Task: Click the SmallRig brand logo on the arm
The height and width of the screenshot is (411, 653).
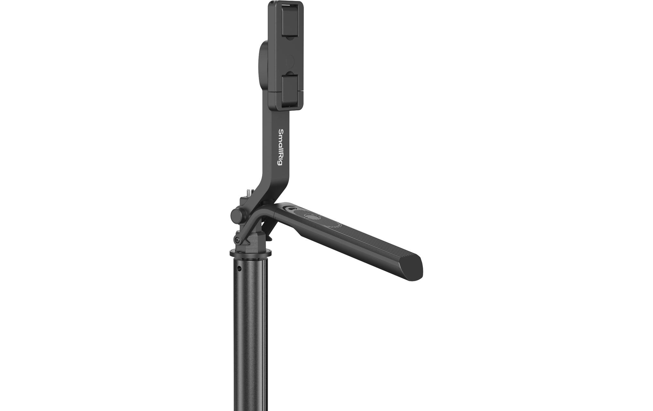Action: pyautogui.click(x=280, y=147)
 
